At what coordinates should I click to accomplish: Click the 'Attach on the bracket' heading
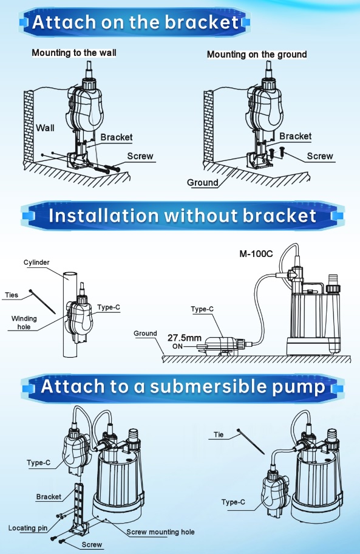[135, 22]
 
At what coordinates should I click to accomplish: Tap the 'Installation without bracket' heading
[182, 216]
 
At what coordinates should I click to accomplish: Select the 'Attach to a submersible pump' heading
[183, 386]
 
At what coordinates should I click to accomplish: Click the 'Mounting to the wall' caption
[74, 53]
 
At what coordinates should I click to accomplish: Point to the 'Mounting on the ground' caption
[257, 55]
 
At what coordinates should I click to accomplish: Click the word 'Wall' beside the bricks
[45, 128]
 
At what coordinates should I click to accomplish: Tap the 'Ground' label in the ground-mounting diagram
[202, 182]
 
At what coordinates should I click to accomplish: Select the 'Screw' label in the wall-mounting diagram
[140, 156]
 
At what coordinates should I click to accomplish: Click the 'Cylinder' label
[36, 262]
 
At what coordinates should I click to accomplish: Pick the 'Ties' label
[12, 295]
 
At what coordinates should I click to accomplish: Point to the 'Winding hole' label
[24, 323]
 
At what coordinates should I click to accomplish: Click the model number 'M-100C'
[256, 254]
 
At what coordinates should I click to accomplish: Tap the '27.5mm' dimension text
[184, 338]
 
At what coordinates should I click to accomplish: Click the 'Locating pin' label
[28, 528]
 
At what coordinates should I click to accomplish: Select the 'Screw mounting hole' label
[160, 532]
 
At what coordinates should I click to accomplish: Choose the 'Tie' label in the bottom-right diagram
[219, 434]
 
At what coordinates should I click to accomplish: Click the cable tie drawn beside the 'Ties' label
[42, 301]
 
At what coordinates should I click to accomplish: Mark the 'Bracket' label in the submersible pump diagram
[49, 496]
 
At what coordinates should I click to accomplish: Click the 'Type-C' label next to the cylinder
[109, 307]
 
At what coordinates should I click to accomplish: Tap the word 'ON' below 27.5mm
[177, 346]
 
